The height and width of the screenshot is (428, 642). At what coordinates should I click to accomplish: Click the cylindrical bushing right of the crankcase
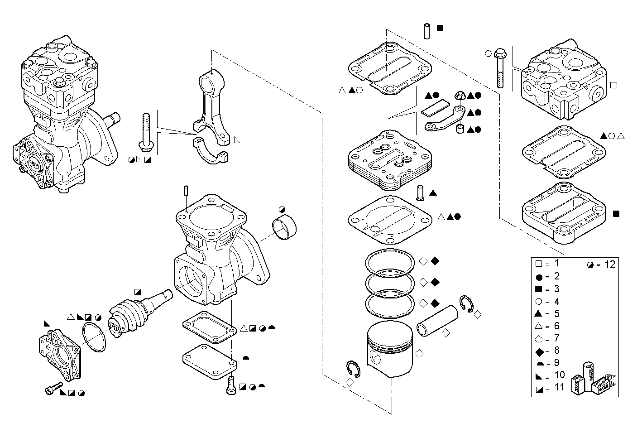[285, 228]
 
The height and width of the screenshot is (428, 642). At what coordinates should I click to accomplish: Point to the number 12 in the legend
[610, 264]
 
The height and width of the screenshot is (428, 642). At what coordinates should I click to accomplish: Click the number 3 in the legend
[556, 289]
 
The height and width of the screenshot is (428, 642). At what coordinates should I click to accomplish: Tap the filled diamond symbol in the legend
[538, 351]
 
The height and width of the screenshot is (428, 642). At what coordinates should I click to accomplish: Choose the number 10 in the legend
[559, 375]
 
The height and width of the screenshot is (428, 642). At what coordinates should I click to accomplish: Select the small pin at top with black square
[426, 31]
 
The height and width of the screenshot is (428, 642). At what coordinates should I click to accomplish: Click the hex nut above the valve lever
[459, 96]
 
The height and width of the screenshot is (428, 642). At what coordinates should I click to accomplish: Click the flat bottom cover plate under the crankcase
[210, 360]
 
